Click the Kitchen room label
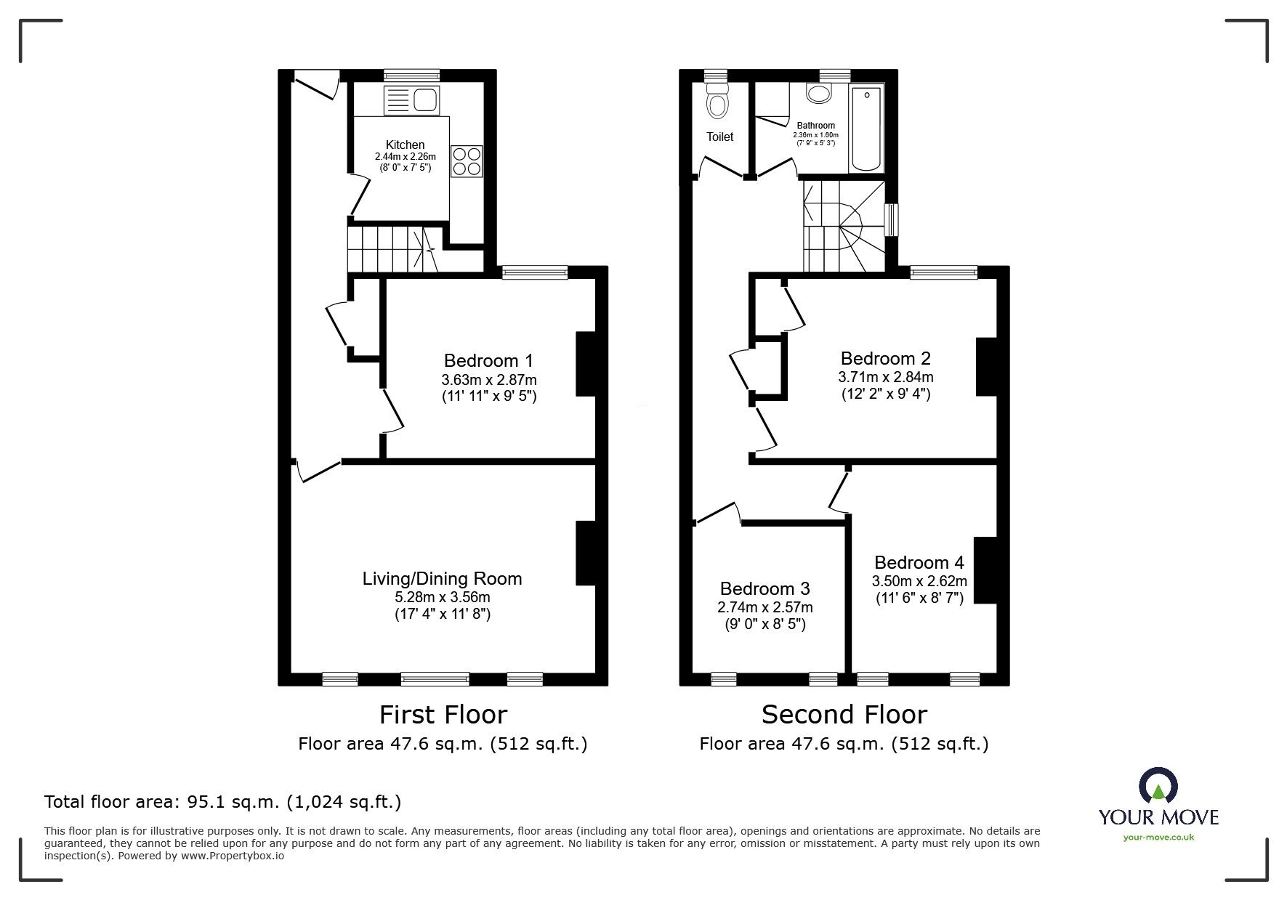pyautogui.click(x=405, y=145)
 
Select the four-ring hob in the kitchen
pyautogui.click(x=467, y=161)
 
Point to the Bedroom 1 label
pyautogui.click(x=488, y=360)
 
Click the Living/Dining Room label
pyautogui.click(x=442, y=578)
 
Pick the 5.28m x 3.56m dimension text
pyautogui.click(x=442, y=597)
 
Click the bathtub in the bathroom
pyautogui.click(x=867, y=128)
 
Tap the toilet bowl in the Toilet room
pyautogui.click(x=718, y=100)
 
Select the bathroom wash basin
pyautogui.click(x=820, y=92)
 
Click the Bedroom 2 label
pyautogui.click(x=885, y=358)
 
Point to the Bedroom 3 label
pyautogui.click(x=764, y=588)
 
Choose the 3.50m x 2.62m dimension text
pyautogui.click(x=919, y=581)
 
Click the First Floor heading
pyautogui.click(x=443, y=715)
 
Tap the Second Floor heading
pyautogui.click(x=844, y=715)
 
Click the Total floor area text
pyautogui.click(x=222, y=802)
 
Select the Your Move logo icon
pyautogui.click(x=1158, y=785)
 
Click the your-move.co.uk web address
pyautogui.click(x=1158, y=838)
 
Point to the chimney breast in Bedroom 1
pyautogui.click(x=586, y=364)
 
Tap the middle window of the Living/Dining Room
pyautogui.click(x=435, y=679)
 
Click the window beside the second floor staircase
pyautogui.click(x=890, y=220)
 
